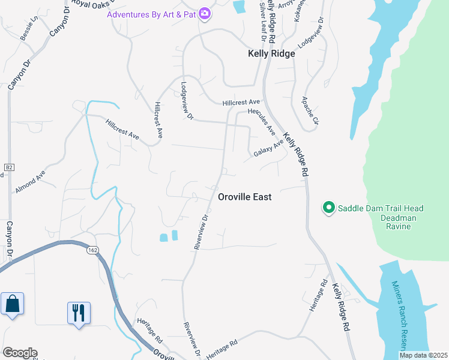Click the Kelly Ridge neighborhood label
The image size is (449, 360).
pyautogui.click(x=271, y=53)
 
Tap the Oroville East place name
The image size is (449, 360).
pyautogui.click(x=244, y=197)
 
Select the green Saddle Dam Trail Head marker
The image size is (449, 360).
pyautogui.click(x=328, y=208)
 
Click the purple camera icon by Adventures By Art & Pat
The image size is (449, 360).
pyautogui.click(x=205, y=13)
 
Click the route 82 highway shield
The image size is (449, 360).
pyautogui.click(x=8, y=166)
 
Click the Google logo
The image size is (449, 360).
pyautogui.click(x=20, y=353)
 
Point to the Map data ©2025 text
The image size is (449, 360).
pyautogui.click(x=423, y=355)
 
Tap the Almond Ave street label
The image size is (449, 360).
pyautogui.click(x=31, y=181)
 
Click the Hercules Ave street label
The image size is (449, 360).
pyautogui.click(x=264, y=122)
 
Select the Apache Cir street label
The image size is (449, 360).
pyautogui.click(x=310, y=110)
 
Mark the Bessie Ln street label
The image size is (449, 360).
pyautogui.click(x=28, y=28)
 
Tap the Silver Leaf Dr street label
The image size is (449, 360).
pyautogui.click(x=262, y=18)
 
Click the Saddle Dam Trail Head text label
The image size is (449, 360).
pyautogui.click(x=380, y=208)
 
